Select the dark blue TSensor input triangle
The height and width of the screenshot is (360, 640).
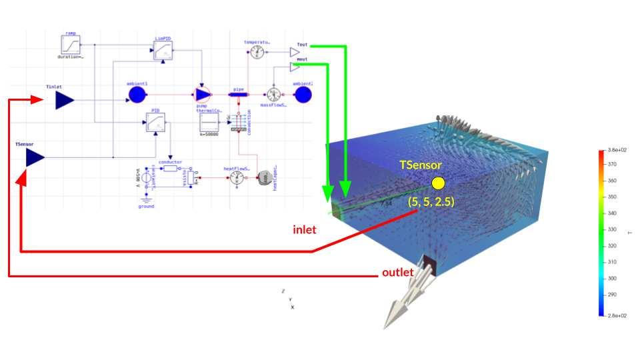[35, 157]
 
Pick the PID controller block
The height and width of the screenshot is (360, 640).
[155, 123]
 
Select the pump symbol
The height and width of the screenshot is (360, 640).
[202, 95]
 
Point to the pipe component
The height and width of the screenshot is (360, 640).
[239, 95]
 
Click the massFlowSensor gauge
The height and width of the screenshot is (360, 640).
[273, 95]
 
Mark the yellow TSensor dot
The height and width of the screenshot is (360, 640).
[438, 183]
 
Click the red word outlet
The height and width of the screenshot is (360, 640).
[398, 273]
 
